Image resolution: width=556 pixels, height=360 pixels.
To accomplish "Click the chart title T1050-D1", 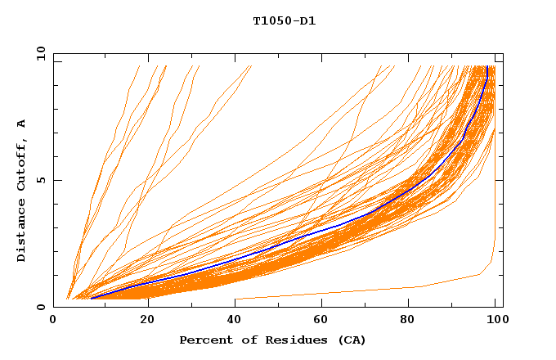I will click(x=284, y=21).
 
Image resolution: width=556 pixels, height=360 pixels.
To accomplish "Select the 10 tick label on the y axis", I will click(x=38, y=53).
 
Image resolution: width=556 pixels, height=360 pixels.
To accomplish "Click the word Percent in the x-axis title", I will click(x=205, y=340).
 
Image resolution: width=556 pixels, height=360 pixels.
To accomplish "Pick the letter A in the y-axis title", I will click(x=22, y=124).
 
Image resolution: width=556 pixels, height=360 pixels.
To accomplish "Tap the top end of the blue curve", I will click(x=488, y=67).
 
